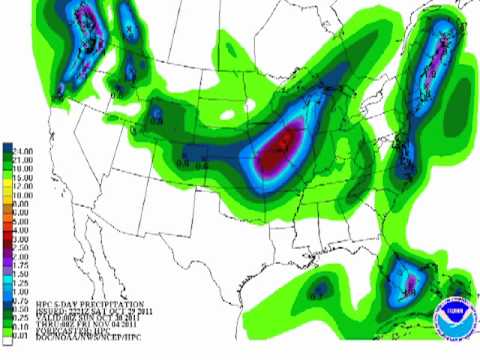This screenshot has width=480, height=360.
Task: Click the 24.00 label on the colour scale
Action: (23, 149)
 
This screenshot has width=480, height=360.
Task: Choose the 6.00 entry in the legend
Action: (23, 214)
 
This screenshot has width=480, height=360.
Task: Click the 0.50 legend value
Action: (23, 305)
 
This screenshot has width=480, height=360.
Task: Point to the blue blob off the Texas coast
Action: (320, 291)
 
